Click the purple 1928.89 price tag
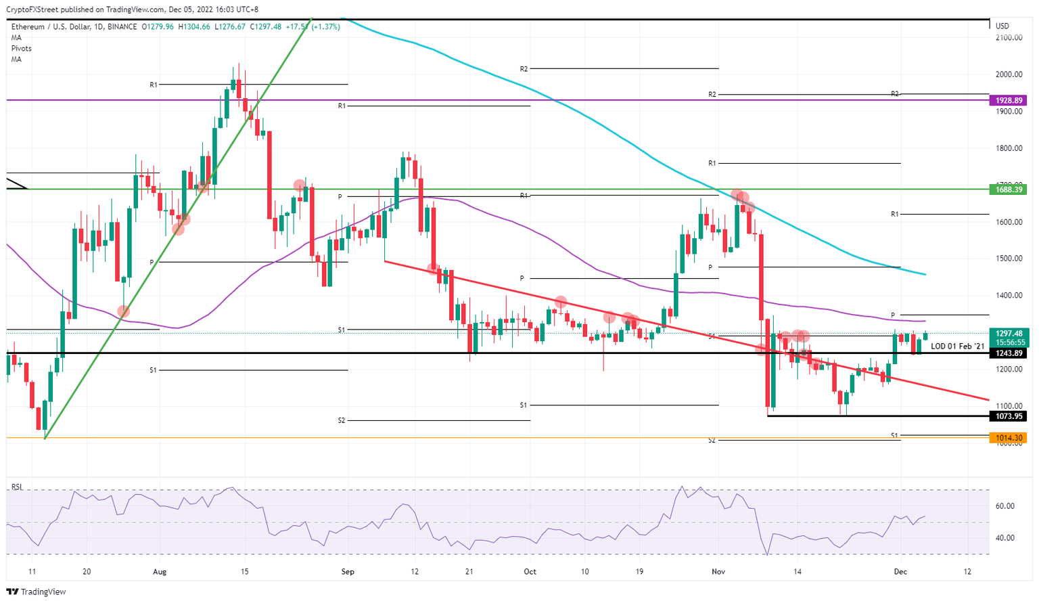click(x=1008, y=100)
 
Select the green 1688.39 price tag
click(x=1008, y=189)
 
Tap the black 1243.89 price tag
click(x=1008, y=353)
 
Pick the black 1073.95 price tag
click(x=1008, y=416)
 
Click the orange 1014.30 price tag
click(x=1008, y=438)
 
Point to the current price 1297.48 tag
click(x=1008, y=333)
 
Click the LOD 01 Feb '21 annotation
click(x=958, y=346)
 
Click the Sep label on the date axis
click(x=348, y=572)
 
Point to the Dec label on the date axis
click(x=900, y=572)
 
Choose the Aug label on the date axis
click(x=160, y=572)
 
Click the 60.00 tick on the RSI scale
click(x=1005, y=506)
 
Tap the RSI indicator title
click(x=18, y=487)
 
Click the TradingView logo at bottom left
click(x=37, y=592)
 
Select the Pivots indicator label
click(x=21, y=49)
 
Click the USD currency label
click(x=1002, y=26)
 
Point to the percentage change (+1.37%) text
click(x=324, y=27)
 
